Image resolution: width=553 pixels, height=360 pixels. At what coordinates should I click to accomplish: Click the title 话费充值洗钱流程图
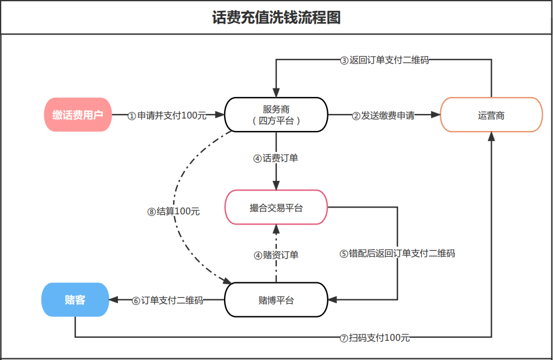276,17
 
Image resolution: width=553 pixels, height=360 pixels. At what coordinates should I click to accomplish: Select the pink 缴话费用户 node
78,115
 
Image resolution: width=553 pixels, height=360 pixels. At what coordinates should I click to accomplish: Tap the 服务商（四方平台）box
276,115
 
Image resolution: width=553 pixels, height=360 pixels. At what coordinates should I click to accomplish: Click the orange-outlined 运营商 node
491,115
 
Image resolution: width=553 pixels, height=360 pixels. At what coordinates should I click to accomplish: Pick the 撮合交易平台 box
276,207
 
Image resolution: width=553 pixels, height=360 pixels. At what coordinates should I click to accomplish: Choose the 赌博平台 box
276,300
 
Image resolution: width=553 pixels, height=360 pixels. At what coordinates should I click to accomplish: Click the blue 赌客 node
75,300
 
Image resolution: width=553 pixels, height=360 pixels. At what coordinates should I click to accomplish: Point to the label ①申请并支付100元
167,115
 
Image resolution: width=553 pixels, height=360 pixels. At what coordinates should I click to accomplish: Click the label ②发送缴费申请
383,115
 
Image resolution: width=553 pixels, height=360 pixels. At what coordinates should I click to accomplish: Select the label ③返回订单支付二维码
385,60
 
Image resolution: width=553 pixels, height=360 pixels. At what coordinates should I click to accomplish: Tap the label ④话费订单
276,158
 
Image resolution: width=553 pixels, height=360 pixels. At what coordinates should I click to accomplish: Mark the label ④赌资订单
276,255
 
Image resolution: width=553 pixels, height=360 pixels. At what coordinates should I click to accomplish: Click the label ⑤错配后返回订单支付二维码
397,253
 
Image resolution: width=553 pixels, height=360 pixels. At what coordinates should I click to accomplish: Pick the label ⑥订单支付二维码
167,300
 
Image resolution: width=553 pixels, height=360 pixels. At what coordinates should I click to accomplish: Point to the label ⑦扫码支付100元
374,338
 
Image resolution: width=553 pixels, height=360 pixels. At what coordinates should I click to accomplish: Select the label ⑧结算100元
174,211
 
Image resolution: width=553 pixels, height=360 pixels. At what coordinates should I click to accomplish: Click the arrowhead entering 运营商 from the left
436,115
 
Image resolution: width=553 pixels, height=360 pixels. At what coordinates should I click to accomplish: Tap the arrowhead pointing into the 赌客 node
113,300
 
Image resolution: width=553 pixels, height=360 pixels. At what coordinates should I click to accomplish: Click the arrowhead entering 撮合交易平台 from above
276,185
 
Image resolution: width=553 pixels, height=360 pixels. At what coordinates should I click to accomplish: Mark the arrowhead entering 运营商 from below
491,137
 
